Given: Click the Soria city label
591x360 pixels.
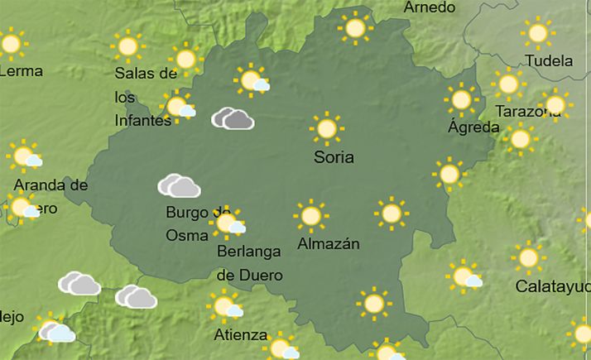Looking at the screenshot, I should pyautogui.click(x=334, y=157).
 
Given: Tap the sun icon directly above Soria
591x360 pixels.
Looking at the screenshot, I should pyautogui.click(x=327, y=128).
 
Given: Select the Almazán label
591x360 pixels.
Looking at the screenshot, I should pyautogui.click(x=328, y=244).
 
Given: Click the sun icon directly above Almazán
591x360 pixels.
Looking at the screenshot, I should pyautogui.click(x=310, y=216).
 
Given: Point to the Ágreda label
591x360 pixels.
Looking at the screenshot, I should pyautogui.click(x=473, y=127).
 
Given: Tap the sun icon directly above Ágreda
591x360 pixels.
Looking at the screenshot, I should pyautogui.click(x=461, y=99).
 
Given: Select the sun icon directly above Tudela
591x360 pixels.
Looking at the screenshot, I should pyautogui.click(x=538, y=33).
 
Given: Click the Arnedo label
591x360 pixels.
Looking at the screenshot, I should pyautogui.click(x=430, y=7).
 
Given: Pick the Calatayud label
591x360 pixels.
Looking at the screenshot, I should pyautogui.click(x=552, y=286).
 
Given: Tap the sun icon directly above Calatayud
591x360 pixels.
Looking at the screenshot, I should pyautogui.click(x=528, y=258).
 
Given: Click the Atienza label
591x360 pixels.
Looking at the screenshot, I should pyautogui.click(x=240, y=335).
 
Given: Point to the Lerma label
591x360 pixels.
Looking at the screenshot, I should pyautogui.click(x=21, y=71).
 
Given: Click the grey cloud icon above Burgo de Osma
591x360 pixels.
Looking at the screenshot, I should pyautogui.click(x=180, y=186).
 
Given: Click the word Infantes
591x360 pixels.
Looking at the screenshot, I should pyautogui.click(x=142, y=121).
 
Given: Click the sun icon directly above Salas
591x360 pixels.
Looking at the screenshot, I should pyautogui.click(x=127, y=46).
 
